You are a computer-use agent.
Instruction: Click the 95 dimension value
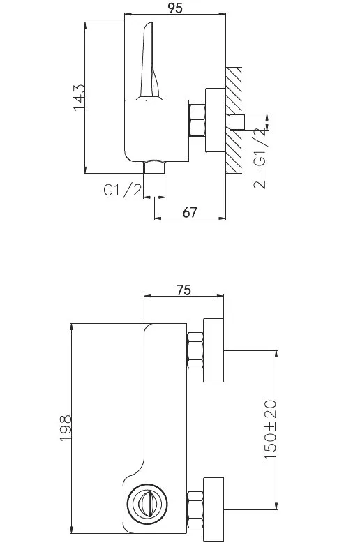(175, 8)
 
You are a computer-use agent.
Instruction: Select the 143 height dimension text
(79, 97)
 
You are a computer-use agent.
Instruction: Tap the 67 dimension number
(190, 212)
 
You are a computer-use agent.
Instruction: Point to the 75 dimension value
(183, 290)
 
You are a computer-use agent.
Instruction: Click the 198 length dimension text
(66, 427)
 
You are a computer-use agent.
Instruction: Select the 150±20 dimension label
(270, 429)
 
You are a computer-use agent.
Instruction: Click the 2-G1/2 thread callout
(260, 159)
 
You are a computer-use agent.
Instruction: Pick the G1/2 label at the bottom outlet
(123, 190)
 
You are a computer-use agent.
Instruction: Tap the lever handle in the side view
(149, 61)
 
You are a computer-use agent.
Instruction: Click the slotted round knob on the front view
(147, 504)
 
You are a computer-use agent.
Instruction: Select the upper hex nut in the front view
(195, 350)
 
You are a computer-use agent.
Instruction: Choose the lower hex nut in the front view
(195, 509)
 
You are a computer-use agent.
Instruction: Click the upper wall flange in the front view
(213, 350)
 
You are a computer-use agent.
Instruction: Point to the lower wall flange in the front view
(213, 509)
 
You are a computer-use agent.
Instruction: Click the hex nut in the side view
(197, 120)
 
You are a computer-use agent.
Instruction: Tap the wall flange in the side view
(216, 120)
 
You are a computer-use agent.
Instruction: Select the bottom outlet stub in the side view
(154, 167)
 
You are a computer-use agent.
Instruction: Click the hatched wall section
(234, 120)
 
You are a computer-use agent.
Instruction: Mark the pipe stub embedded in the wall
(237, 122)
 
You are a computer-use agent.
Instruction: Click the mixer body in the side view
(156, 131)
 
